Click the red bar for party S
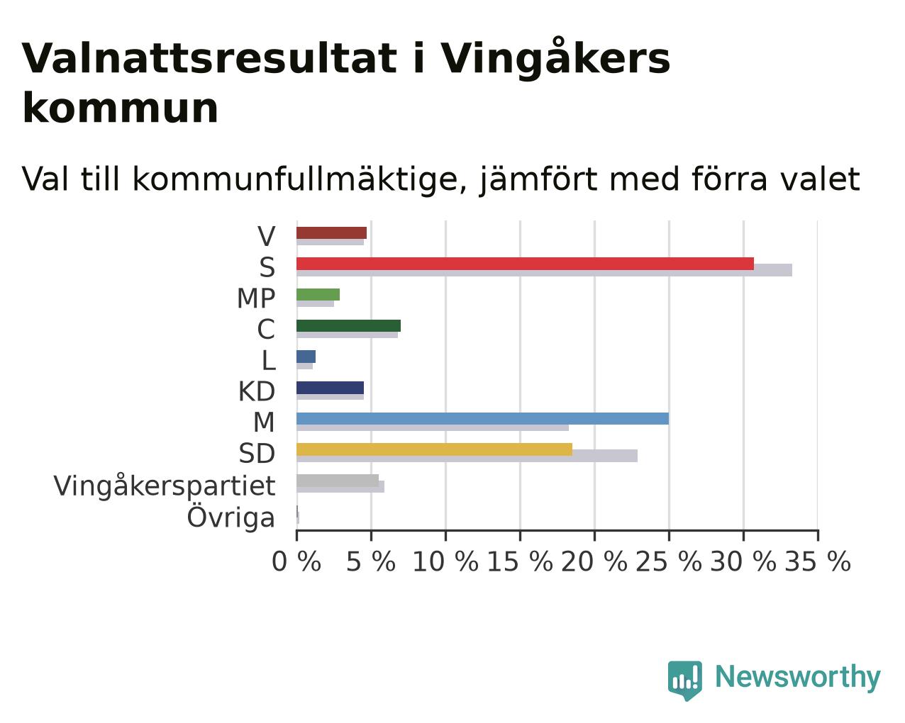pyautogui.click(x=525, y=264)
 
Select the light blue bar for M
pyautogui.click(x=482, y=418)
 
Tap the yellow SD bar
pyautogui.click(x=435, y=449)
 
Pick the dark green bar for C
pyautogui.click(x=349, y=326)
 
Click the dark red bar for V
pyautogui.click(x=331, y=233)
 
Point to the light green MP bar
pyautogui.click(x=318, y=295)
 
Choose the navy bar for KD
pyautogui.click(x=330, y=388)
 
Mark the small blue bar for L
pyautogui.click(x=306, y=357)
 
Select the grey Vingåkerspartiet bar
pyautogui.click(x=338, y=481)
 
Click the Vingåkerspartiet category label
pyautogui.click(x=165, y=486)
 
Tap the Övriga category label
pyautogui.click(x=231, y=517)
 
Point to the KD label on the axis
pyautogui.click(x=257, y=392)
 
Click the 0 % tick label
pyautogui.click(x=296, y=561)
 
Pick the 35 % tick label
pyautogui.click(x=818, y=561)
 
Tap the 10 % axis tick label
pyautogui.click(x=445, y=561)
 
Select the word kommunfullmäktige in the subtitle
pyautogui.click(x=294, y=179)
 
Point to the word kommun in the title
pyautogui.click(x=121, y=108)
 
